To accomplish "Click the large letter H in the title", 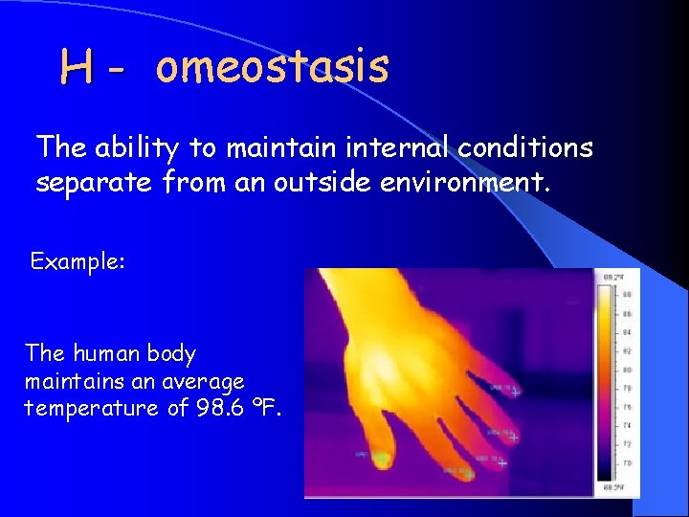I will click(77, 68).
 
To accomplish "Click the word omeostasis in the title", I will click(272, 67).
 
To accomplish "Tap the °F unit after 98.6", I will click(269, 408).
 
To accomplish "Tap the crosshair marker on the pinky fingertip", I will click(515, 393).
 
